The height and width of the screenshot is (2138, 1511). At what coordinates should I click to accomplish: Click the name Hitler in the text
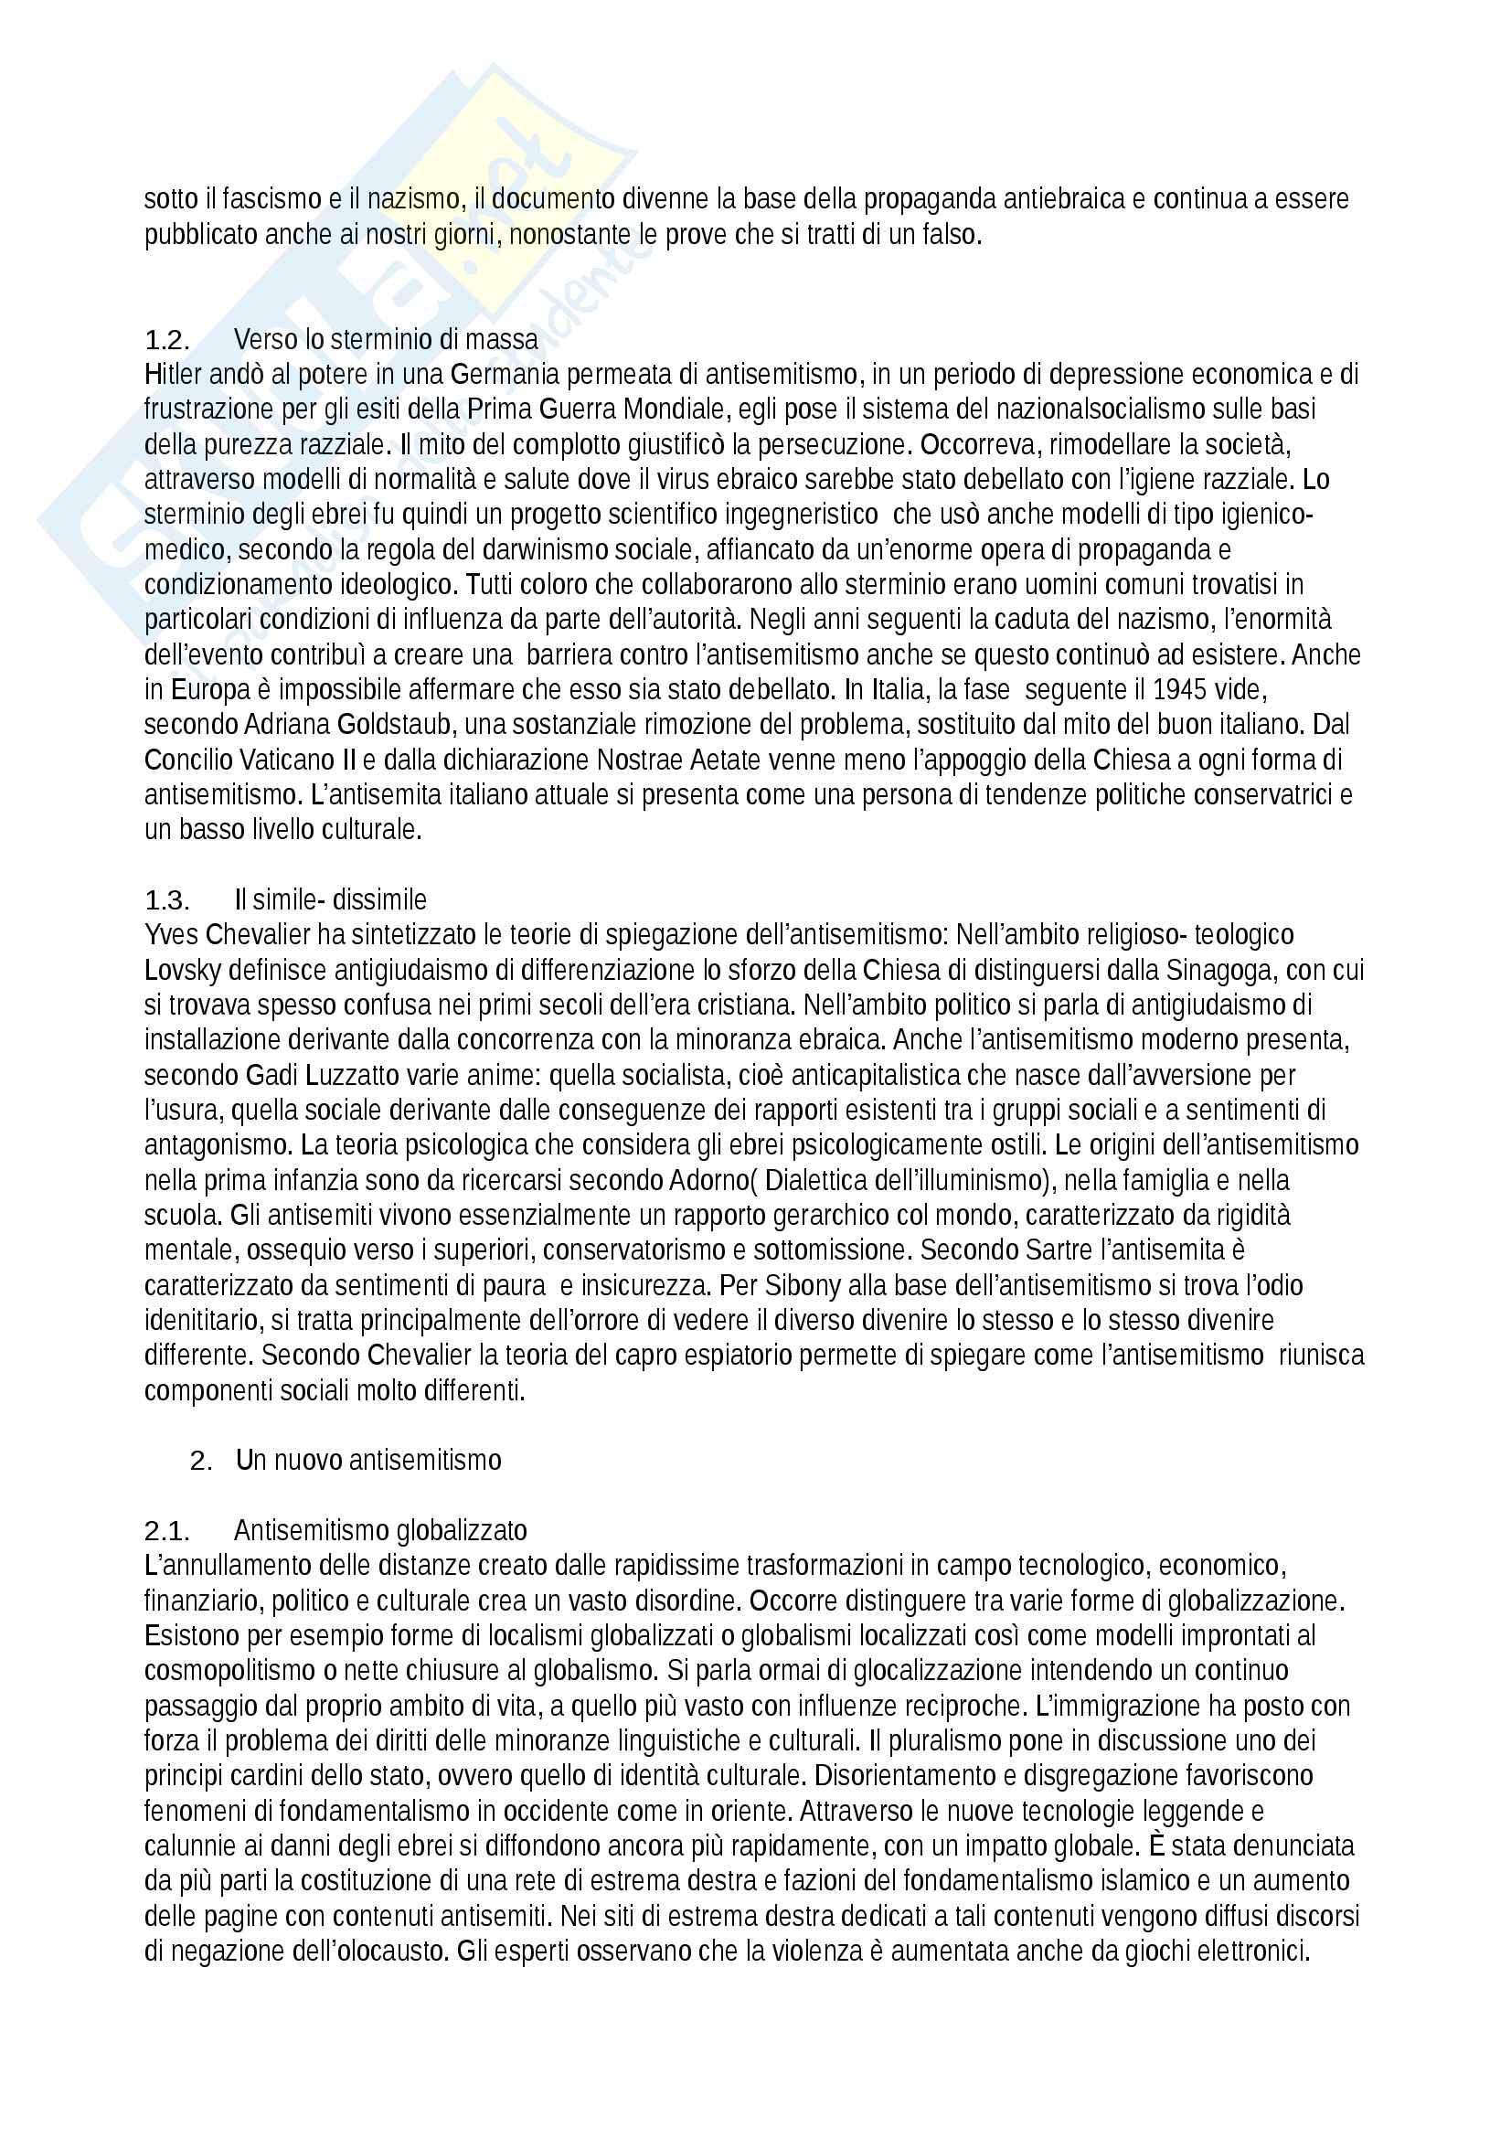click(x=172, y=375)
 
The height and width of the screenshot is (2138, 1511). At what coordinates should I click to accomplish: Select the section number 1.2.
click(x=166, y=340)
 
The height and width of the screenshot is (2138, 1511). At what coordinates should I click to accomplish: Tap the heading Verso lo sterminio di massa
click(x=386, y=340)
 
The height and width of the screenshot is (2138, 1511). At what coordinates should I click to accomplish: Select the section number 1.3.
click(x=166, y=900)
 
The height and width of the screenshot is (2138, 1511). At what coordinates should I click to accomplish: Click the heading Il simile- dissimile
click(x=330, y=900)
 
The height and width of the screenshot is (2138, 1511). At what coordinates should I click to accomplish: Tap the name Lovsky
click(x=183, y=971)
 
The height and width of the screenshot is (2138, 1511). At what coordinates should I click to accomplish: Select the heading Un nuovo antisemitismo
click(x=368, y=1460)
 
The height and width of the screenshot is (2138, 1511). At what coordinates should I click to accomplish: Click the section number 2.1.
click(x=166, y=1531)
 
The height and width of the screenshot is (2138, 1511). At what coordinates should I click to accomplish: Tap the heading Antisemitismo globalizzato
click(x=380, y=1531)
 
